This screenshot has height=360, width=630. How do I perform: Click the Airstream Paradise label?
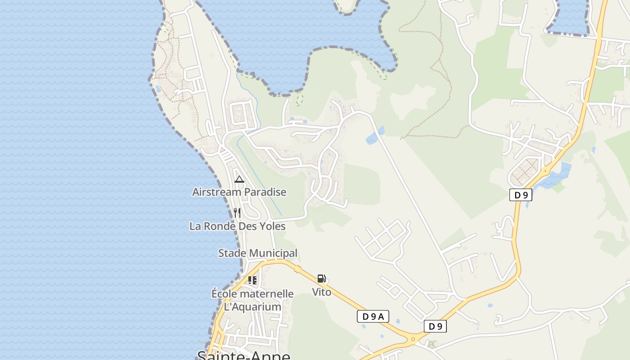(x=239, y=192)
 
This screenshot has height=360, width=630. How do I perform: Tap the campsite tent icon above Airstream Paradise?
(x=239, y=180)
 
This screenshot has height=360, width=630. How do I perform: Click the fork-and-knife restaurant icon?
(x=237, y=213)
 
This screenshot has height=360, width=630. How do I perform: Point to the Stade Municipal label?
(x=258, y=253)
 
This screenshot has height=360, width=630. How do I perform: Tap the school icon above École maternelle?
(x=252, y=280)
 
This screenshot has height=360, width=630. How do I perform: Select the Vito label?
(x=322, y=292)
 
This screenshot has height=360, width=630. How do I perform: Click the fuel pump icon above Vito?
(x=321, y=279)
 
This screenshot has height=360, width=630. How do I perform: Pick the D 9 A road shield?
(x=373, y=316)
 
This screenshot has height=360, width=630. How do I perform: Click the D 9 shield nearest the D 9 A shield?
(x=435, y=326)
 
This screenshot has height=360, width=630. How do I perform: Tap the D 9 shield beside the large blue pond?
(x=521, y=195)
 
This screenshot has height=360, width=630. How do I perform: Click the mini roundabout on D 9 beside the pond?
(x=545, y=171)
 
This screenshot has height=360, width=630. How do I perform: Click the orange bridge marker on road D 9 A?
(x=297, y=269)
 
